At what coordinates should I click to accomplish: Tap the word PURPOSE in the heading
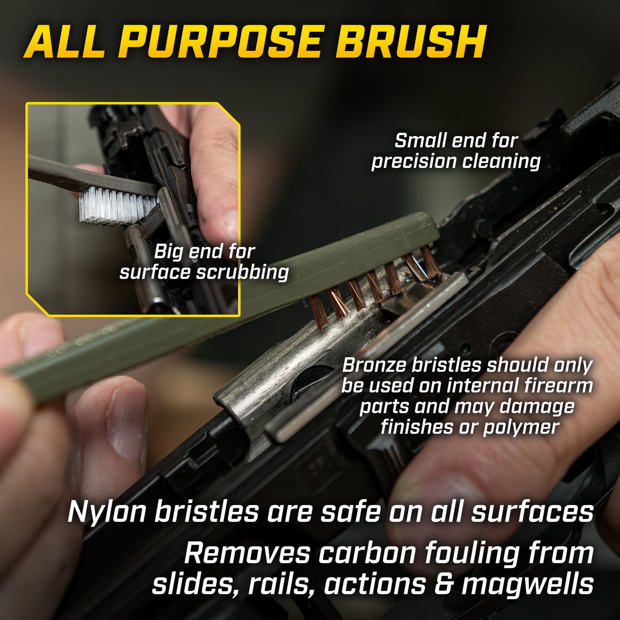click(221, 42)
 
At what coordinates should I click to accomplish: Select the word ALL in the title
click(64, 42)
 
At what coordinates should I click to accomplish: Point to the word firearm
click(560, 386)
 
